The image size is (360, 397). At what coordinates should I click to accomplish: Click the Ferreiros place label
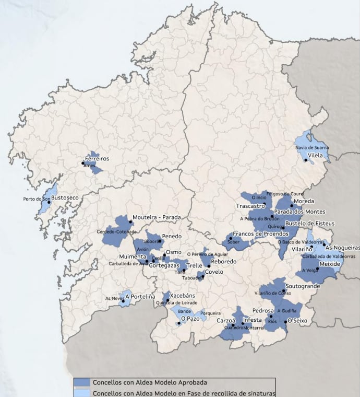click(x=98, y=158)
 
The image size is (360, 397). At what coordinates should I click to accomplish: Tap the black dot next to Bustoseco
click(x=49, y=202)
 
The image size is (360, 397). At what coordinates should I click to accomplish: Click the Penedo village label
click(x=172, y=237)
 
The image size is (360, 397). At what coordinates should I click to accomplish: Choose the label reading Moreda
click(x=304, y=201)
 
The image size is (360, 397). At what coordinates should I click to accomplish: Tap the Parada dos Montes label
click(x=299, y=212)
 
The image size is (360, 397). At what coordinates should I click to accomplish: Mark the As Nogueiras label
click(x=342, y=247)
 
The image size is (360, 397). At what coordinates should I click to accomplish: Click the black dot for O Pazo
click(x=179, y=323)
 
